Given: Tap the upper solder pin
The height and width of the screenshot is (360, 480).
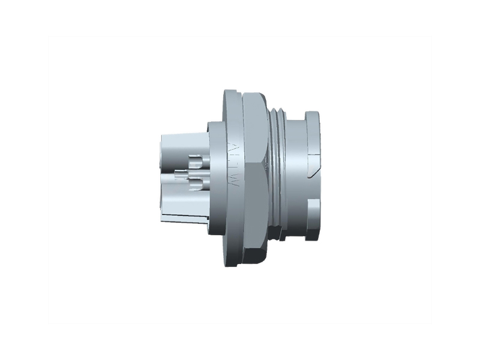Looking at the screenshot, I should coord(195,161).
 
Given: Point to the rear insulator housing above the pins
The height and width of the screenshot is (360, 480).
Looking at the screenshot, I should coord(180,144).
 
